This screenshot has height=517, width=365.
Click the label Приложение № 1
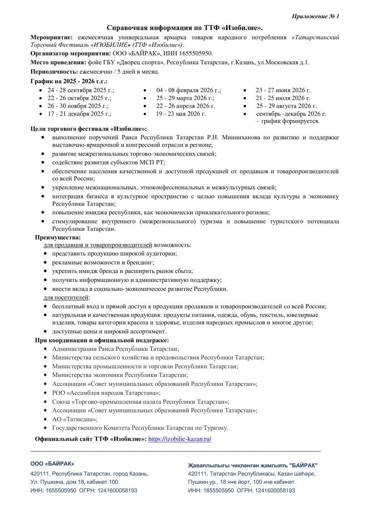315,16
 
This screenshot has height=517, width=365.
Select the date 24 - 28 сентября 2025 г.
81,90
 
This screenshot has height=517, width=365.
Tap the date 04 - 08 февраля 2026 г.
188,90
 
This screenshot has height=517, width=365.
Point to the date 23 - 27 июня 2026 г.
283,90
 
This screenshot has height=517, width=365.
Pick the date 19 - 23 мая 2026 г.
181,114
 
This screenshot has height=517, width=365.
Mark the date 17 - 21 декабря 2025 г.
80,114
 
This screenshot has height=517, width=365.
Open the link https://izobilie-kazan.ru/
179,439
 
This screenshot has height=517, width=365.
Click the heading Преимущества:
58,237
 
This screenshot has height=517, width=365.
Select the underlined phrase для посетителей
66,297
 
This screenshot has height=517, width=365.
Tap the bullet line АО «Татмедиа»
75,419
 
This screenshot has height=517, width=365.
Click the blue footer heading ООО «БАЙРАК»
52,463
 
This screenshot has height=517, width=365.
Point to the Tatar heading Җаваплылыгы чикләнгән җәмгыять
253,465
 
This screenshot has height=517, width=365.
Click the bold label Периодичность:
54,71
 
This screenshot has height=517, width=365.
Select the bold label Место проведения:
58,63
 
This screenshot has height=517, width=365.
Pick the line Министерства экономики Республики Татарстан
120,375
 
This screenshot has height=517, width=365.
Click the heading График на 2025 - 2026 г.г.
69,81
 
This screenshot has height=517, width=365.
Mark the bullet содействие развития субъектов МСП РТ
108,163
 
